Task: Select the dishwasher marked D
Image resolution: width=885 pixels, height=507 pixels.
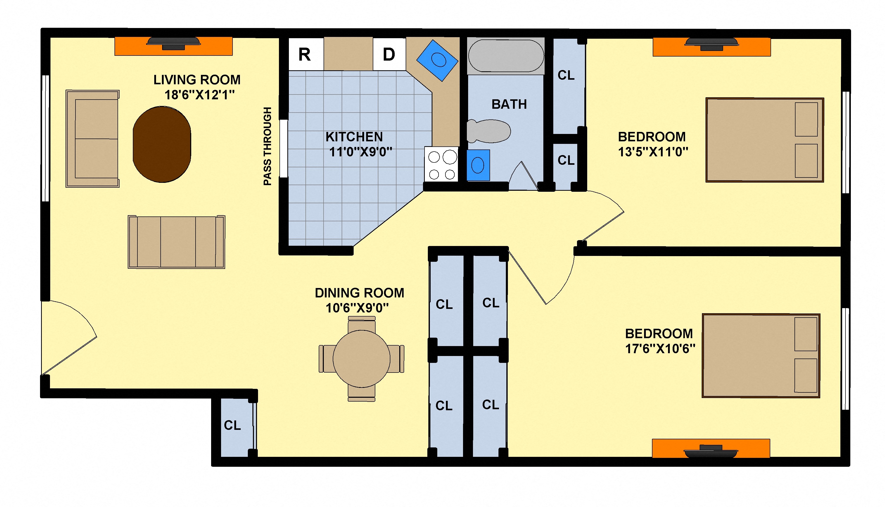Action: coord(389,54)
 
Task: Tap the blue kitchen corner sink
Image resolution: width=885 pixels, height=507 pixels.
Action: coord(437,61)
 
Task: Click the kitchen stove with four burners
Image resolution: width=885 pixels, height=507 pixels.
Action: coord(441,164)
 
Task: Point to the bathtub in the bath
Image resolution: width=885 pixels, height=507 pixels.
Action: coord(506,56)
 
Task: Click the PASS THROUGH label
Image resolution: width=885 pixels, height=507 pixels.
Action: coord(267,146)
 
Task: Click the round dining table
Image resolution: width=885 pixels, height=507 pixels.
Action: coord(362,359)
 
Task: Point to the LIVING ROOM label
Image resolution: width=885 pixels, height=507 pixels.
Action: coord(197,80)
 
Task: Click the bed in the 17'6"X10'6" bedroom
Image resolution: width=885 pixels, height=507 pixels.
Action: coord(761,355)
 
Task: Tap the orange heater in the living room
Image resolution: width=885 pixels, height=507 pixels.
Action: coord(174,46)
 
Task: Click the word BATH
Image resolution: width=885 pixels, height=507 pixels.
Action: coord(509,104)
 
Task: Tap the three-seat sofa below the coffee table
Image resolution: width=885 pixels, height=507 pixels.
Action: coord(176,242)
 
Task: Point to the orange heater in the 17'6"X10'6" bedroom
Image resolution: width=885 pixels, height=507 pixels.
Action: coord(711,448)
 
